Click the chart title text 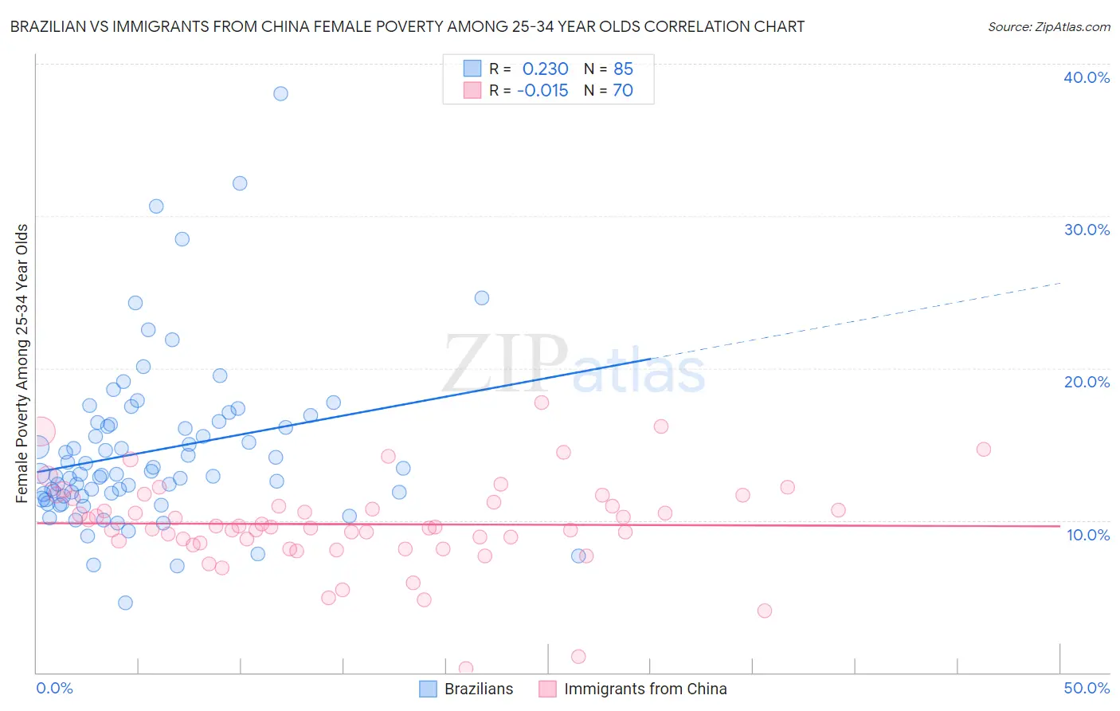[407, 26]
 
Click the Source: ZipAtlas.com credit [1048, 26]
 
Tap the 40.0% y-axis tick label [1087, 77]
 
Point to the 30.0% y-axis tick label [1087, 230]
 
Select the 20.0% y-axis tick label [1087, 382]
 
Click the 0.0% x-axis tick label [54, 688]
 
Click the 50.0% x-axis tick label [1087, 688]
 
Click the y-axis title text [22, 363]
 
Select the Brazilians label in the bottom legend [479, 689]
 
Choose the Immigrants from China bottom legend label [645, 689]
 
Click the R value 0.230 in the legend [545, 69]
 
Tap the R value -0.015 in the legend [542, 91]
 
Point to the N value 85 [623, 69]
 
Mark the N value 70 [623, 91]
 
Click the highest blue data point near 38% [280, 93]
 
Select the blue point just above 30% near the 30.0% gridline [156, 206]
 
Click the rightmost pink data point [983, 450]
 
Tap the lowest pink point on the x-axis [466, 668]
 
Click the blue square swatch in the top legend [472, 69]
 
